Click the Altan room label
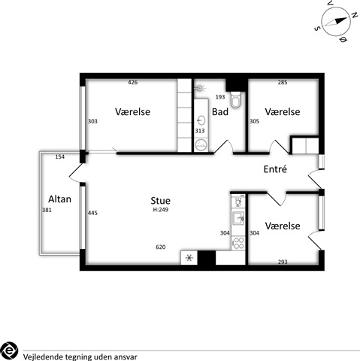59,199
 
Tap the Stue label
160,201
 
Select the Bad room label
220,112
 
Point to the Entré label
275,169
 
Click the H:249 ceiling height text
161,210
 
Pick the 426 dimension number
132,82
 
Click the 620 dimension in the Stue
161,247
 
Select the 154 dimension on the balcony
60,157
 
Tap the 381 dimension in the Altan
47,210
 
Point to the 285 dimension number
283,82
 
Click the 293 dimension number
283,262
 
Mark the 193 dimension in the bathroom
220,97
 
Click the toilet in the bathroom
235,99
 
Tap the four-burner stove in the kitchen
238,243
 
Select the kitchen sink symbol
238,218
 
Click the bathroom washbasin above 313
201,120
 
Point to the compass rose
335,22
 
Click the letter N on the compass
354,15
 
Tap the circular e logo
9,350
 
